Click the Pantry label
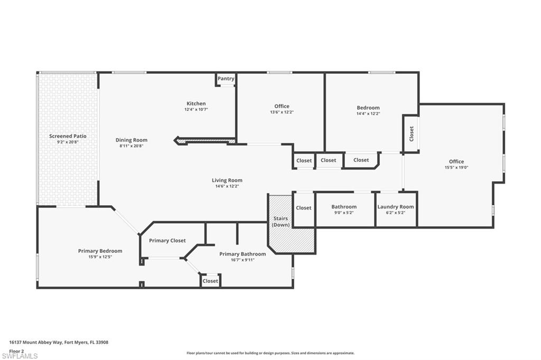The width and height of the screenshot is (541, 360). [226, 79]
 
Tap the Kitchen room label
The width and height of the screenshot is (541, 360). [196, 103]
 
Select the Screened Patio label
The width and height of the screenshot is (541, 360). [68, 136]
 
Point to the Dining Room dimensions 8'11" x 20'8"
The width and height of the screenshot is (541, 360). [132, 146]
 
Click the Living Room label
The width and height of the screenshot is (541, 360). [227, 181]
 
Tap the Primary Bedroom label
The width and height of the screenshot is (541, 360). [100, 251]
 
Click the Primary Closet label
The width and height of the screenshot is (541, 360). [167, 241]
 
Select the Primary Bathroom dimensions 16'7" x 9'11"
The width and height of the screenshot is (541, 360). [242, 260]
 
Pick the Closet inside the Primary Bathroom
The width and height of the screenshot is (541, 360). [210, 281]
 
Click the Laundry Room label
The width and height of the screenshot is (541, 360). [396, 207]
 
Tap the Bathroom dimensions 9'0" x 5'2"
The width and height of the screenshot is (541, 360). [344, 213]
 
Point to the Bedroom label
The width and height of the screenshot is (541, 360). [368, 108]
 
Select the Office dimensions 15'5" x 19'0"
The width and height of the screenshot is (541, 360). [456, 167]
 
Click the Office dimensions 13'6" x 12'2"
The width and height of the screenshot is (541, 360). [282, 112]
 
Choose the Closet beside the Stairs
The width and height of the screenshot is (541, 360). [304, 208]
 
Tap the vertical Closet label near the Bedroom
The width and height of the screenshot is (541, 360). [412, 134]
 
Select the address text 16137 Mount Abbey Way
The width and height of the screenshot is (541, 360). [59, 342]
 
